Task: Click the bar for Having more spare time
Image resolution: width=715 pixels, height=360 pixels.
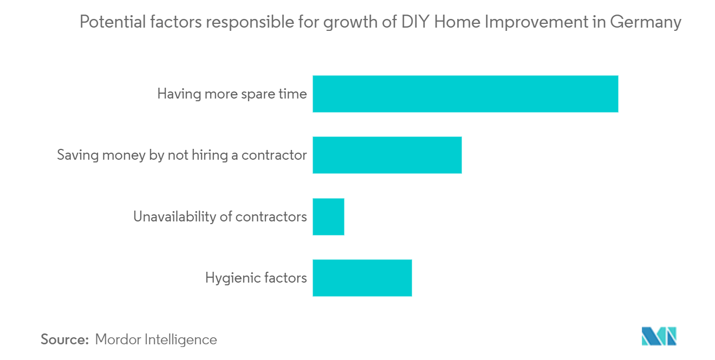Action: pos(465,94)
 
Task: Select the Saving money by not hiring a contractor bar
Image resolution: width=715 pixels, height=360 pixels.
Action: pos(387,155)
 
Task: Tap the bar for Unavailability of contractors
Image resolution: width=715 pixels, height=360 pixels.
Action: pos(328,217)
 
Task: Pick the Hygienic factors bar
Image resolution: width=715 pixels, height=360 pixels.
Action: pos(362,278)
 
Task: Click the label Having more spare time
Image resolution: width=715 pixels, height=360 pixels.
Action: pos(232,94)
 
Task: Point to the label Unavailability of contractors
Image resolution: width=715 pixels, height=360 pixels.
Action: pos(220,217)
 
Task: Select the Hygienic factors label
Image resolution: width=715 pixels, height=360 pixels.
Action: pos(256,278)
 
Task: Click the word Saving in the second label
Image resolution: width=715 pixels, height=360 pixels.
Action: pos(78,156)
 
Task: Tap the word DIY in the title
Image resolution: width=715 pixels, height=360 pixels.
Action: pos(415,22)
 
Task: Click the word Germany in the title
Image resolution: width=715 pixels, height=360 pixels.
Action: pos(646,23)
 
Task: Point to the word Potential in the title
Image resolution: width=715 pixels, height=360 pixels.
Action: pos(113,22)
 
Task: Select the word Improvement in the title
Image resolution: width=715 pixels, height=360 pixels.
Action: pos(536,23)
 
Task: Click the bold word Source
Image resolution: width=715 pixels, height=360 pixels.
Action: pos(64,339)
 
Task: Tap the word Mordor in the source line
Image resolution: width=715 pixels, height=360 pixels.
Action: pos(118,339)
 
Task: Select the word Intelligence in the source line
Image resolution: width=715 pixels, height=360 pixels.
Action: pos(181,340)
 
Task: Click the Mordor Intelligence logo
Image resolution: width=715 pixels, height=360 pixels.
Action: pos(659,336)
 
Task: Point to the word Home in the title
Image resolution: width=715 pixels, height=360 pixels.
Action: pos(457,22)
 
